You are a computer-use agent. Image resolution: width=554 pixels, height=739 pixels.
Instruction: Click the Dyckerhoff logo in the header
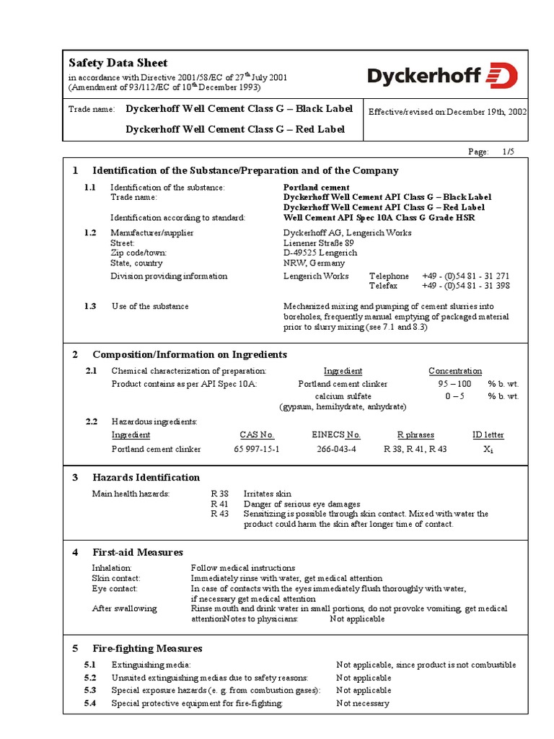(x=442, y=75)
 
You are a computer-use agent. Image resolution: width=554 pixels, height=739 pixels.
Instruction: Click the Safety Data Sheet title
(x=118, y=63)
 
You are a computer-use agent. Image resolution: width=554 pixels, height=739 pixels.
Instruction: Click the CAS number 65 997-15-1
(x=257, y=449)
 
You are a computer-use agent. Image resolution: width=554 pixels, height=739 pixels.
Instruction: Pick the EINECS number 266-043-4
(x=336, y=449)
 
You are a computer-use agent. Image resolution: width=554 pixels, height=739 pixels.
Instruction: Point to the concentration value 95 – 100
(x=454, y=384)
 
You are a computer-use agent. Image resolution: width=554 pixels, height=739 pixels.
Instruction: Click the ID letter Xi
(x=488, y=449)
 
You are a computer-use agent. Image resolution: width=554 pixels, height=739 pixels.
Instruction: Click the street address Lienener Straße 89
(x=319, y=243)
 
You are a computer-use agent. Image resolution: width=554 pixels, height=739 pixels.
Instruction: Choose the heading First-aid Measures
(x=137, y=552)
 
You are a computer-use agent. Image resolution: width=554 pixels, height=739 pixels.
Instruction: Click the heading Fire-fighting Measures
(x=147, y=648)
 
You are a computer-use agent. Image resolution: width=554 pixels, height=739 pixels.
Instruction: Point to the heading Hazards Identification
(x=146, y=477)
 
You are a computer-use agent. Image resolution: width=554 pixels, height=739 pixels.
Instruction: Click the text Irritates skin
(x=268, y=494)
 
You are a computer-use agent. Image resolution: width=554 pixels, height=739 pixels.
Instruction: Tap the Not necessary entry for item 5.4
(x=363, y=703)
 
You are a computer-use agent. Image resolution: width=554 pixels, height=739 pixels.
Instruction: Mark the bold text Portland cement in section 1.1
(x=316, y=188)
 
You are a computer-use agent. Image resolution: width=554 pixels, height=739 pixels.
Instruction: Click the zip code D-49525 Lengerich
(x=320, y=253)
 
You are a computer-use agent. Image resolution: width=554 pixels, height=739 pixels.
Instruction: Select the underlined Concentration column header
(x=455, y=371)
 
